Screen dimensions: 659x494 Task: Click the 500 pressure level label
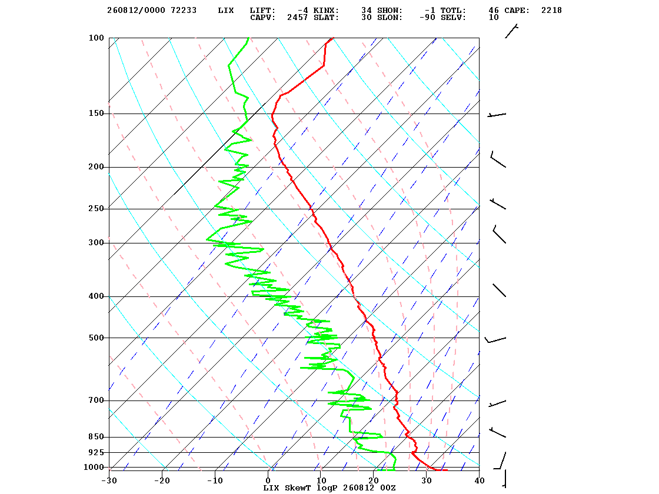96,338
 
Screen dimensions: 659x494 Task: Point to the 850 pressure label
96,437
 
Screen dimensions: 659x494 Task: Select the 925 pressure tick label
96,452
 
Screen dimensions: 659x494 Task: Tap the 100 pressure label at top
96,38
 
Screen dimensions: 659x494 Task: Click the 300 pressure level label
96,243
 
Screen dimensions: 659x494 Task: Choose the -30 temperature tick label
109,480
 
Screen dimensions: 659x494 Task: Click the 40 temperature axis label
480,480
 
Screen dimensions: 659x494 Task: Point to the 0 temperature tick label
268,480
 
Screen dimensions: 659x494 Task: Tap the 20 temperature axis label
374,480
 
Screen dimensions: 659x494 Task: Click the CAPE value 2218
551,10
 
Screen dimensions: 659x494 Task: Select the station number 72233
184,10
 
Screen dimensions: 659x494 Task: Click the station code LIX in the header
226,10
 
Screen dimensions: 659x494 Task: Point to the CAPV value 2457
298,17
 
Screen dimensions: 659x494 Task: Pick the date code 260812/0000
136,10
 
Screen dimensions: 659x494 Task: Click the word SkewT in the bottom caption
298,488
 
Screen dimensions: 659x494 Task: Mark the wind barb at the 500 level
495,339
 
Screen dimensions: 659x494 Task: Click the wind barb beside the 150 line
497,114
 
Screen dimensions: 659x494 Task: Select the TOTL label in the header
453,10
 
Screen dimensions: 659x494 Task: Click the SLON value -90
427,17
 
